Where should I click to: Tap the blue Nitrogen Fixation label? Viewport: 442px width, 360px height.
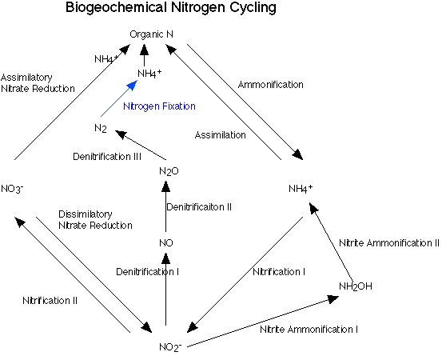tap(160, 106)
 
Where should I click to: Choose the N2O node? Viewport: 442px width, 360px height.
tap(167, 171)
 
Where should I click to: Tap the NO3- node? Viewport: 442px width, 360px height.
tap(14, 188)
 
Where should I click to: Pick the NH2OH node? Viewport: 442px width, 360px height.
tap(356, 287)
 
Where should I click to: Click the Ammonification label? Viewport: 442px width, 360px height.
tap(271, 84)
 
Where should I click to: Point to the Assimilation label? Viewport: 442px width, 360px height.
tap(221, 135)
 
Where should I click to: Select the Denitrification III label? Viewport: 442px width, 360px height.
tap(106, 155)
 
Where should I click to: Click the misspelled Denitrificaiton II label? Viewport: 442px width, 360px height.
tap(199, 207)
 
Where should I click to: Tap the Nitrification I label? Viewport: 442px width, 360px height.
tap(279, 271)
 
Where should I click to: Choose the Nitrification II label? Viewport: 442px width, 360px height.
tap(50, 300)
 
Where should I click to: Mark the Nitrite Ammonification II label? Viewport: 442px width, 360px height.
tap(388, 242)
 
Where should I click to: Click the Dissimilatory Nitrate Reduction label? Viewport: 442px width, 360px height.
tap(95, 220)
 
